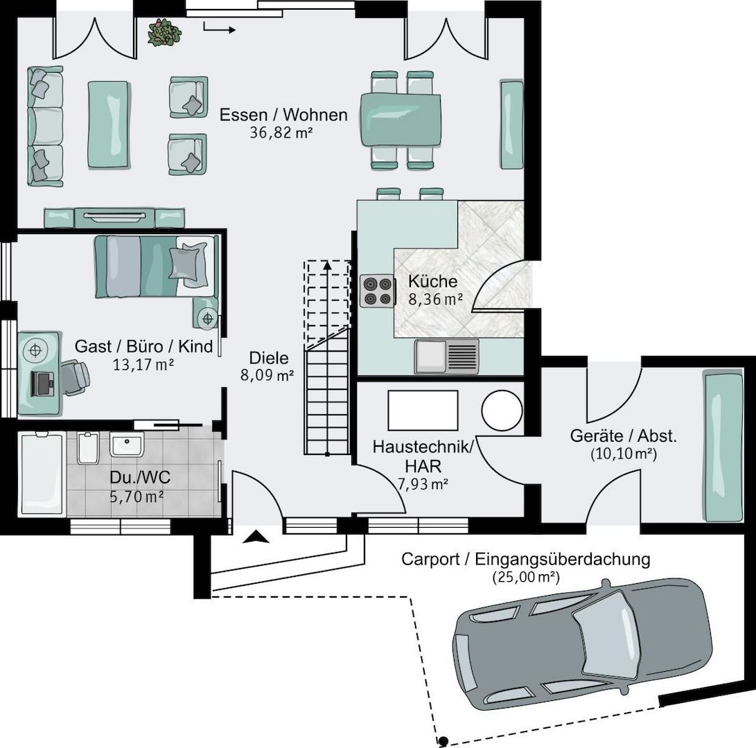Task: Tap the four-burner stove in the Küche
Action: (x=376, y=291)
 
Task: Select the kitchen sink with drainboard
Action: (x=446, y=356)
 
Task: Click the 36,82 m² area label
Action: (x=281, y=132)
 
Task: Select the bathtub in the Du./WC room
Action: (x=42, y=474)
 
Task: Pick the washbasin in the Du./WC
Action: (x=127, y=444)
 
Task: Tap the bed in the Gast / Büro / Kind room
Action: (x=155, y=266)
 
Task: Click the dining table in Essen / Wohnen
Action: (x=402, y=119)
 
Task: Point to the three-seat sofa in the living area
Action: (x=44, y=126)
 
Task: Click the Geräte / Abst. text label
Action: (x=623, y=436)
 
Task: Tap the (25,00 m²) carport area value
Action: (x=526, y=576)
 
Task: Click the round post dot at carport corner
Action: (x=443, y=740)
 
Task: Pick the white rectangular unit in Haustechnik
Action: (x=423, y=411)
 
